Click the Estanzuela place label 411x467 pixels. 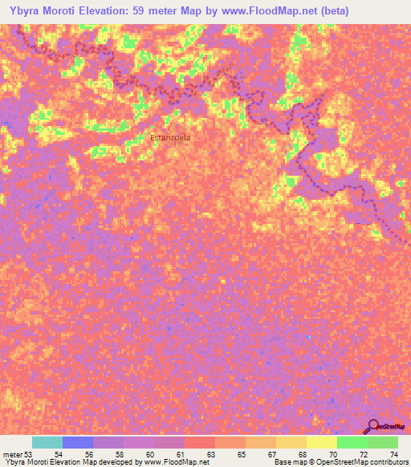[x=170, y=137]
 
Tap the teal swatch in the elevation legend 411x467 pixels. [x=47, y=442]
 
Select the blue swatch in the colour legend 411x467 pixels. [x=78, y=442]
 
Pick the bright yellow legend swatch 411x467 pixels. [x=322, y=442]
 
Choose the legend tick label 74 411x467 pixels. [x=393, y=454]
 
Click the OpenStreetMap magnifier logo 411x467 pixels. [x=371, y=427]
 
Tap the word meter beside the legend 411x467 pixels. [x=14, y=454]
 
